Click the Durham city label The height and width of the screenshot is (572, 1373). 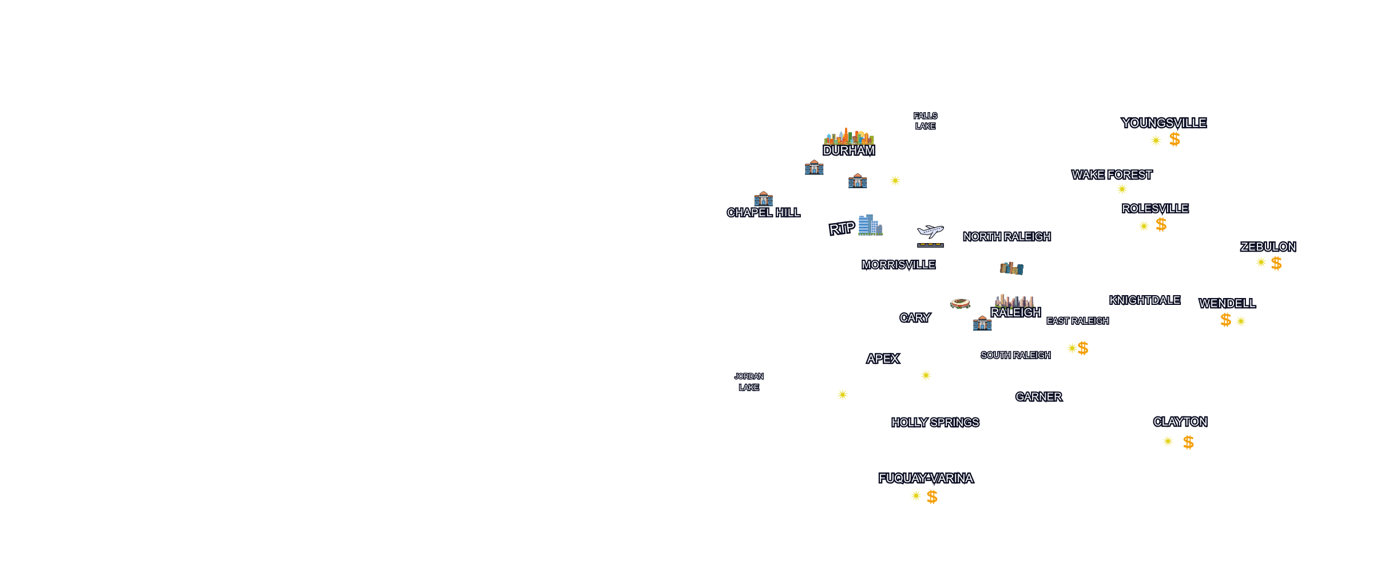(x=848, y=150)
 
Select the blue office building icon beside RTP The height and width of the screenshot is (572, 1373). (x=870, y=225)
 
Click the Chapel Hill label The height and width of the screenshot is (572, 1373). (x=763, y=213)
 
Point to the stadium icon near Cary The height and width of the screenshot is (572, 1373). (x=960, y=303)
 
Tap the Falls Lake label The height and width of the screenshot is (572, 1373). (x=925, y=121)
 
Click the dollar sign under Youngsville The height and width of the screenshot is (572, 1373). (x=1174, y=140)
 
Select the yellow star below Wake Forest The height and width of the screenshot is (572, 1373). (x=1122, y=189)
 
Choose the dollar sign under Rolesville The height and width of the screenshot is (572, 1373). (x=1161, y=225)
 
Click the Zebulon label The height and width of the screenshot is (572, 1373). (x=1268, y=247)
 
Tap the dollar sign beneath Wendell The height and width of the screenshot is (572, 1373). (x=1225, y=320)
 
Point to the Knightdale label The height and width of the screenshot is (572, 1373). (x=1144, y=300)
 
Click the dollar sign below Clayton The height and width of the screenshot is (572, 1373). (x=1188, y=442)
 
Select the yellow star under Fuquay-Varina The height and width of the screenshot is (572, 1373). (x=916, y=496)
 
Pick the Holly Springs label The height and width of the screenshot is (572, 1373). (x=935, y=423)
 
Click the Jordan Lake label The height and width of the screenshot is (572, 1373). (x=749, y=382)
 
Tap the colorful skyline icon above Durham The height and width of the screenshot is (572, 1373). (x=849, y=136)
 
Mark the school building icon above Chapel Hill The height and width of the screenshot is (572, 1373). (x=763, y=198)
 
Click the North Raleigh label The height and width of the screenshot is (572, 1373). (x=1006, y=237)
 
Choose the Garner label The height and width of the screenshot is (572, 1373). (x=1038, y=397)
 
